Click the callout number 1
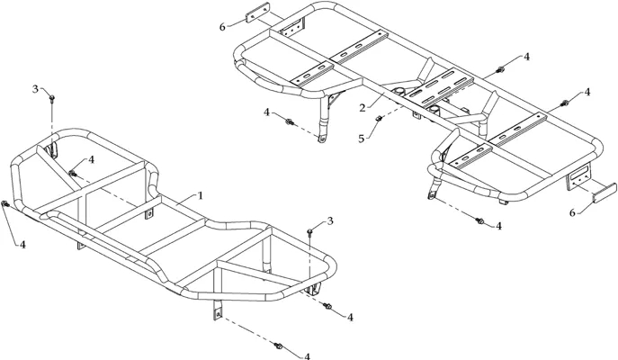(x=200, y=195)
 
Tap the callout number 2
(x=363, y=107)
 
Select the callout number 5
(x=362, y=139)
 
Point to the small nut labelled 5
(x=379, y=118)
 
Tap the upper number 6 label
(x=222, y=27)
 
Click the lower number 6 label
(x=572, y=213)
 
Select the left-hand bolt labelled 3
(x=52, y=98)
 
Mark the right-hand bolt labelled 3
(x=310, y=231)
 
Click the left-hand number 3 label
(x=35, y=89)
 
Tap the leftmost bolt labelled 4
(x=5, y=204)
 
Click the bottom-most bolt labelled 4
(x=278, y=346)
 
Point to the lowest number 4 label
(x=307, y=356)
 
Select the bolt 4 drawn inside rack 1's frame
(x=72, y=173)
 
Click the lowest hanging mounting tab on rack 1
(x=218, y=310)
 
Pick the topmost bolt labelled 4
(x=500, y=70)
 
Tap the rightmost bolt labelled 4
(x=564, y=103)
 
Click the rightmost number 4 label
(x=587, y=92)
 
